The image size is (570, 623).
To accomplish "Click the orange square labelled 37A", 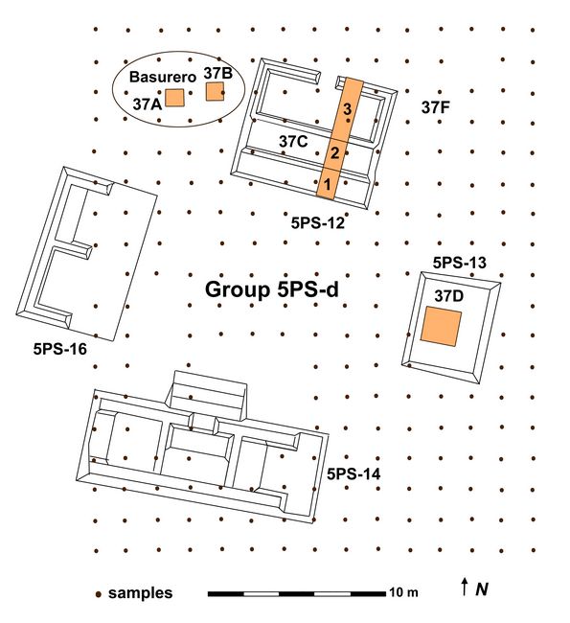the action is click(x=174, y=98).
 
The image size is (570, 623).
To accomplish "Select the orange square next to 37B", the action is click(x=215, y=91).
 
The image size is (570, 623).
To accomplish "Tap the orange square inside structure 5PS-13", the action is click(x=441, y=326).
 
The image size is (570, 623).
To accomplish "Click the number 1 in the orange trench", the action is click(x=328, y=184).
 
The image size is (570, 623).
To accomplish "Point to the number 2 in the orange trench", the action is click(x=335, y=153).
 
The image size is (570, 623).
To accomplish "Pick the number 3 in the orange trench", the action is click(x=347, y=109).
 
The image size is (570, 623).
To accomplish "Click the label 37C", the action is click(x=293, y=142).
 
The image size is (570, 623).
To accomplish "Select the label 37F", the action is click(x=435, y=107).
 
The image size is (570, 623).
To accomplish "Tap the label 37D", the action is click(x=448, y=296).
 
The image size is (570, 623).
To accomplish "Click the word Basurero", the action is click(x=163, y=77).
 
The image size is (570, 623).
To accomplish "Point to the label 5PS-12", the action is click(x=318, y=223).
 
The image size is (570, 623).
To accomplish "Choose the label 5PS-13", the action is click(x=459, y=263).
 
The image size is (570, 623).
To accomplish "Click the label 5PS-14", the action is click(x=353, y=473).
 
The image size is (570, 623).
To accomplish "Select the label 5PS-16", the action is click(x=60, y=349).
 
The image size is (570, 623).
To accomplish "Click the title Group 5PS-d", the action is click(x=272, y=289).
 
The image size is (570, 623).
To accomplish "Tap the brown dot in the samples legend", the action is click(x=98, y=594).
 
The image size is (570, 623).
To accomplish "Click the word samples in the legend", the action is click(x=140, y=593).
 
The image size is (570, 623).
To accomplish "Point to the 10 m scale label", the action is click(x=403, y=592).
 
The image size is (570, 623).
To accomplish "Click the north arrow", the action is click(x=464, y=587).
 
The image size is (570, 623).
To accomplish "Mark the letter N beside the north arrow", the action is click(x=482, y=588).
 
